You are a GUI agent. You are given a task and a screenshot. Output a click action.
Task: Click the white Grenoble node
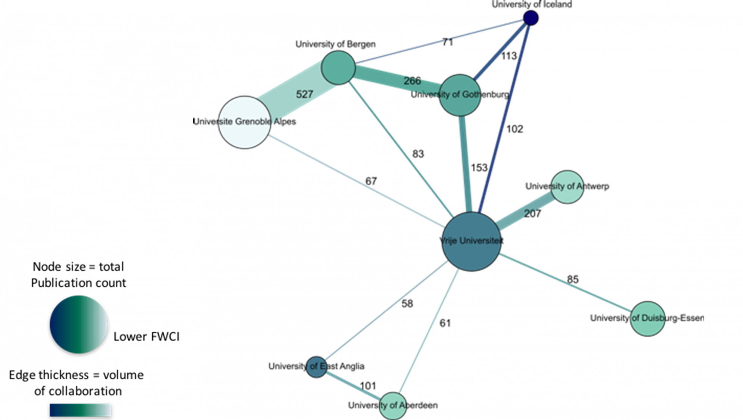point(245,122)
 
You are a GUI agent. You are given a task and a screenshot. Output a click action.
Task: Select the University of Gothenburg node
point(460,95)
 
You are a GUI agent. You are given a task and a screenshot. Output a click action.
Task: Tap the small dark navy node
point(531,18)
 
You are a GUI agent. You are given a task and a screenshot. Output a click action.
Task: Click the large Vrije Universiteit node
point(471,241)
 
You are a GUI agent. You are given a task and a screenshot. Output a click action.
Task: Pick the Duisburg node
point(647,318)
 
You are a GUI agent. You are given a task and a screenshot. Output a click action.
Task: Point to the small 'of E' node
point(317,367)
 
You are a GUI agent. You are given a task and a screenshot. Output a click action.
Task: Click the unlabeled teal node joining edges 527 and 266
point(338,68)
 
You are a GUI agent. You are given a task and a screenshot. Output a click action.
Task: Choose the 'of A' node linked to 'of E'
point(393,405)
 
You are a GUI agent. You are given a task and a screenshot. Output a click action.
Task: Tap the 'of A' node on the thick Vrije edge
point(567,187)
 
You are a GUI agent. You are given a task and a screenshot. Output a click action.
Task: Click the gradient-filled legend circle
point(79,324)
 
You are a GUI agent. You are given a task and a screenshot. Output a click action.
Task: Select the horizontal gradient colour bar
point(80,410)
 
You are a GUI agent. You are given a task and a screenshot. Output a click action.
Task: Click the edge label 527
point(304,94)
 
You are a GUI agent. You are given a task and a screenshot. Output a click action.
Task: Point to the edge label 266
point(412,81)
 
